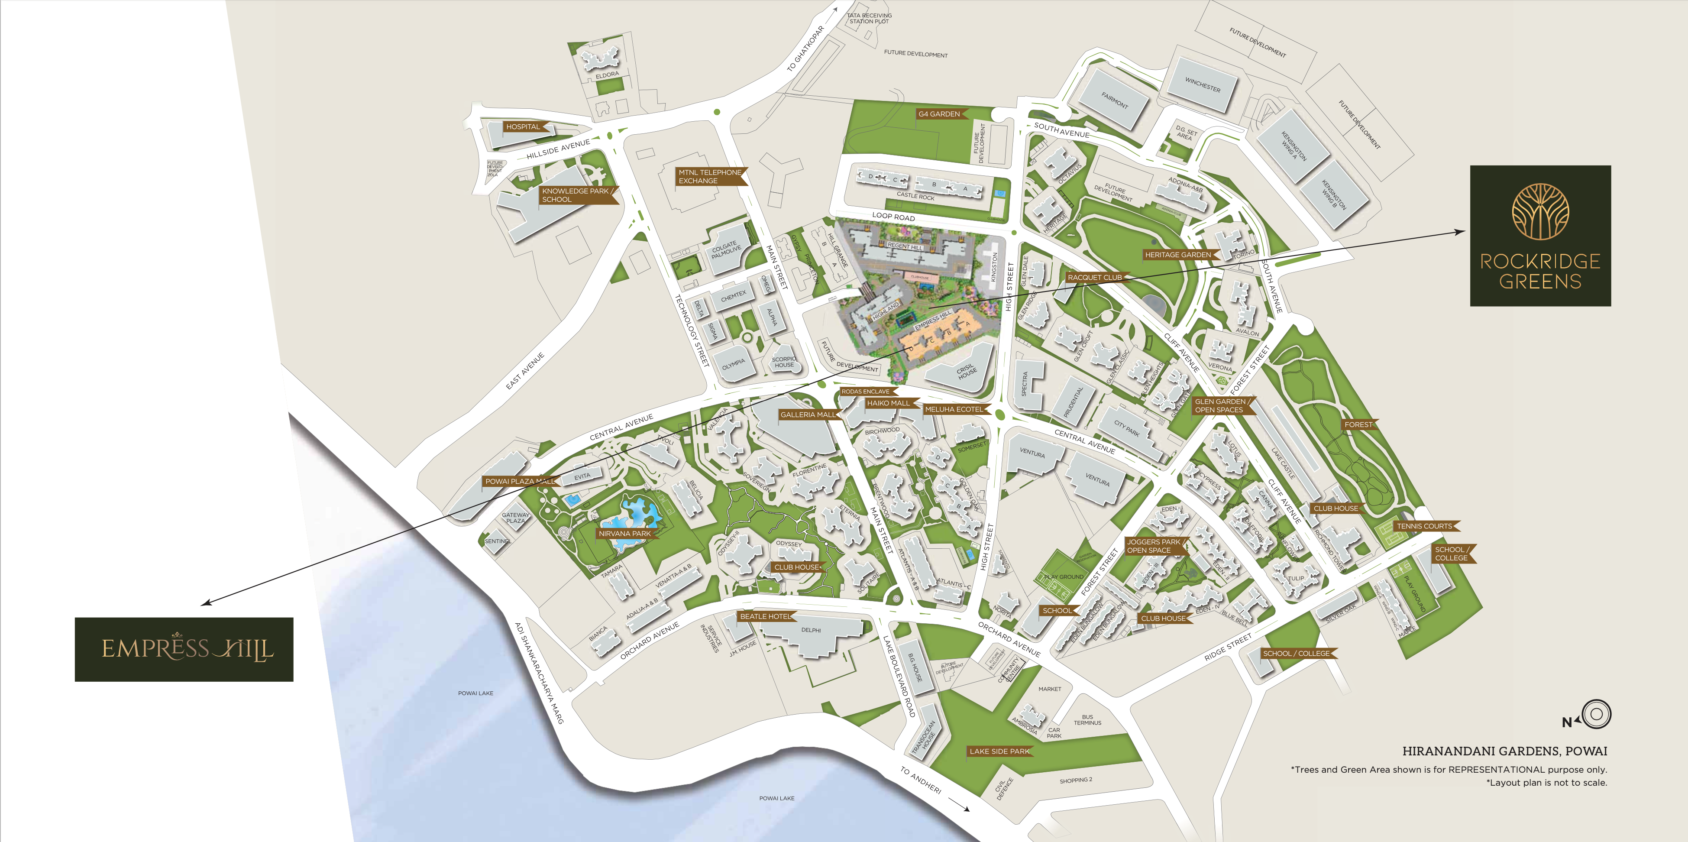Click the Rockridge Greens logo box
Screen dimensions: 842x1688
1540,236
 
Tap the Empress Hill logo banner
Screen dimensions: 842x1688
184,649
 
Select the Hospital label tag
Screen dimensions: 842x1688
523,126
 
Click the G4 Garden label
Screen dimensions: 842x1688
939,114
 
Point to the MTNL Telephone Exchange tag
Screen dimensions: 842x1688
710,177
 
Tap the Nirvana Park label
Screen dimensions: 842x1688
624,533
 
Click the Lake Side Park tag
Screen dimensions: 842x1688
999,751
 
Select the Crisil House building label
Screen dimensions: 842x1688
967,372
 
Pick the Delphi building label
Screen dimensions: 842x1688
811,630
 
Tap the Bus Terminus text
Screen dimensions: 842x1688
1087,720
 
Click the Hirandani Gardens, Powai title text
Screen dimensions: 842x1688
1504,751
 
